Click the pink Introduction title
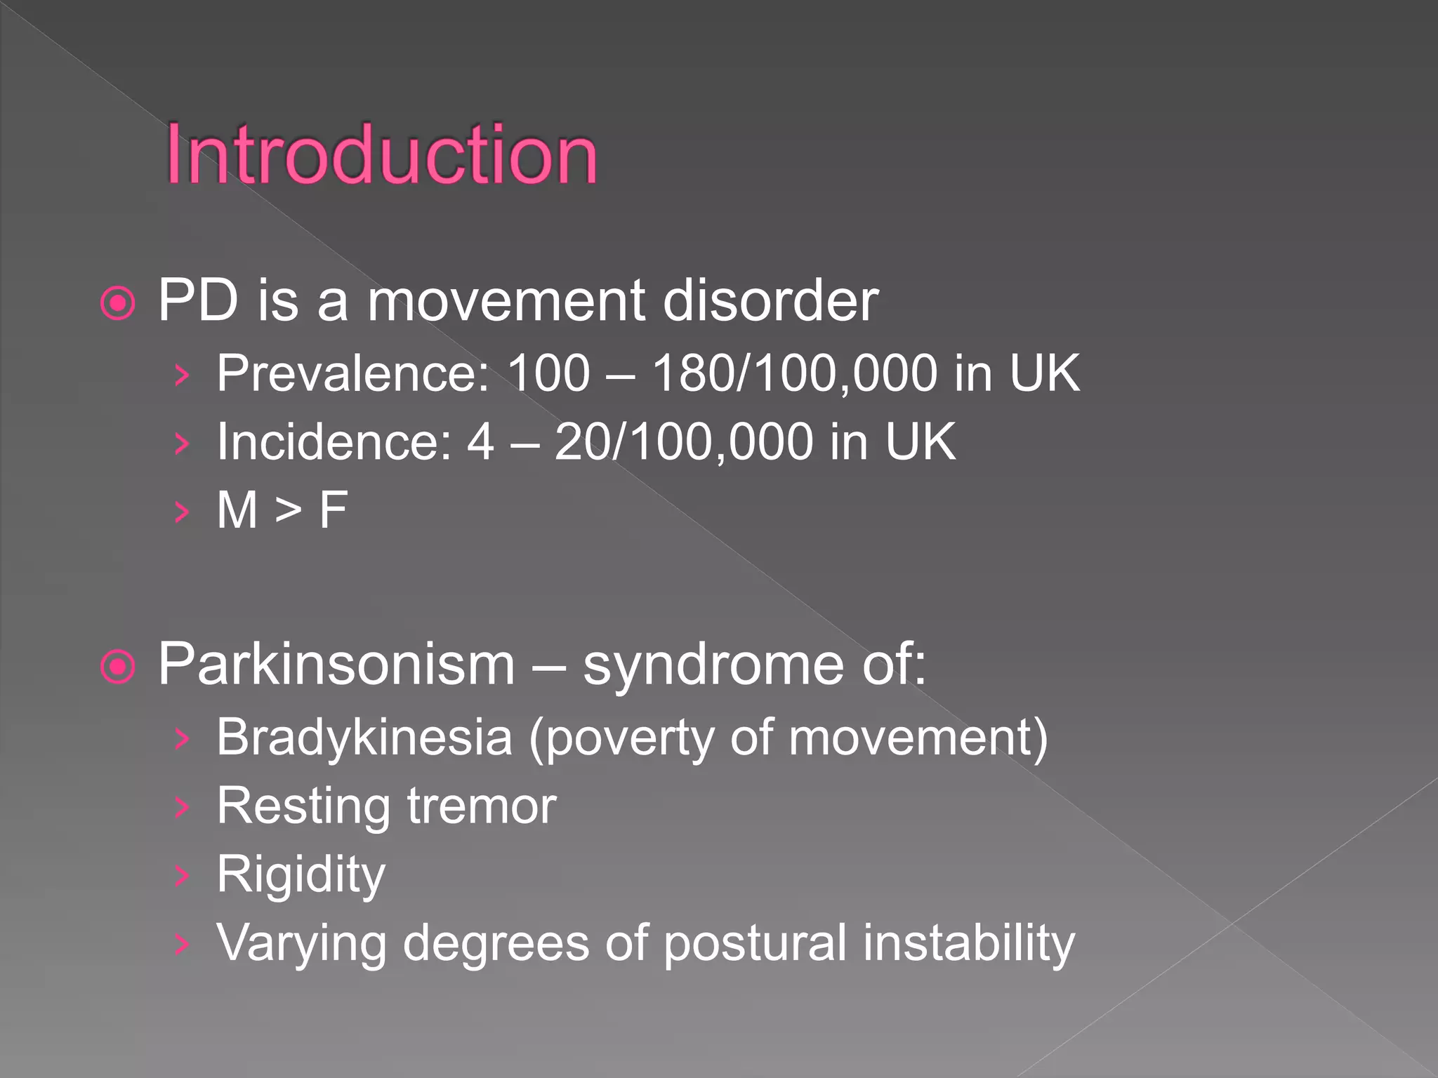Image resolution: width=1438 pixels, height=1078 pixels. coord(381,155)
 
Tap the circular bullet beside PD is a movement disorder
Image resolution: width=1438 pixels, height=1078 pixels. coord(118,304)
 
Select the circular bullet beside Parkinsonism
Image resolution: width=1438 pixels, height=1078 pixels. coord(118,667)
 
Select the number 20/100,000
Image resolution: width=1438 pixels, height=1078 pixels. coord(684,442)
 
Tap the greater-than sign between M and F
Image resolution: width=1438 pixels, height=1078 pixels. coord(288,510)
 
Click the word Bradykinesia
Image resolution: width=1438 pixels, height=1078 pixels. coord(364,738)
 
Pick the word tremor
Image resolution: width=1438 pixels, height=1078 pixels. coord(482,806)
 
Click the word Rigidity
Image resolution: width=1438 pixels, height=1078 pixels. coord(301,874)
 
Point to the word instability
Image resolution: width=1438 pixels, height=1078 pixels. coord(969,943)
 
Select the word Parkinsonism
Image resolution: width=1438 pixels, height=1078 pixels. coord(336,665)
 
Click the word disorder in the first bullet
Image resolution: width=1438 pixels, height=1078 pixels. coord(770,301)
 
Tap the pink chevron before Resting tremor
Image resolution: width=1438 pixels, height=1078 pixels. coord(182,807)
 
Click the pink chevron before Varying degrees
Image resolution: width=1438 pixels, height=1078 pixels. coord(182,945)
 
